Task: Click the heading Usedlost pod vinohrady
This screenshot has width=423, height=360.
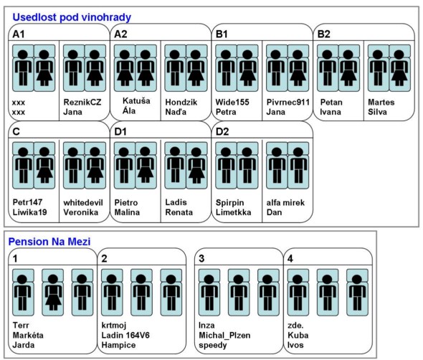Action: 72,17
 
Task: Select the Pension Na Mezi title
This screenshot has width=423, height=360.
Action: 49,242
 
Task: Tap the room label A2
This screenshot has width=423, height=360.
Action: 120,34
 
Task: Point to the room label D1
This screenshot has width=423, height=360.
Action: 120,132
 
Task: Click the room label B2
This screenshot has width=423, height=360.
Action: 324,34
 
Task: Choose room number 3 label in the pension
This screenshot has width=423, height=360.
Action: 201,259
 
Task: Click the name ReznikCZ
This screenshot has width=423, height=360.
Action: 82,103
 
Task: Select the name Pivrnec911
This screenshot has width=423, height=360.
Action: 287,103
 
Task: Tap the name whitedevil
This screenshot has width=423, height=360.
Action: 83,202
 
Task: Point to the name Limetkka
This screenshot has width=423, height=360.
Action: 233,212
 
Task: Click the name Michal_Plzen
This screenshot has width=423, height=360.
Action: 224,336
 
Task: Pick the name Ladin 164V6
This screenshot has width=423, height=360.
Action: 125,335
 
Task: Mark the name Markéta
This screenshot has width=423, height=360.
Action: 28,335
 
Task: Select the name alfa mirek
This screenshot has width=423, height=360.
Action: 285,202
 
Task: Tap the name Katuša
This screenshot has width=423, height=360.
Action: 136,101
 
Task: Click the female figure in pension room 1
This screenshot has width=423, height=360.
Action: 53,293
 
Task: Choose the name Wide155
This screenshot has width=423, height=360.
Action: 232,103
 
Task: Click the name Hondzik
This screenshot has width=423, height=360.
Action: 181,103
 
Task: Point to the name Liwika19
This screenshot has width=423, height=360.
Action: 29,212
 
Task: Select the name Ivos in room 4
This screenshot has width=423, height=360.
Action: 295,345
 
